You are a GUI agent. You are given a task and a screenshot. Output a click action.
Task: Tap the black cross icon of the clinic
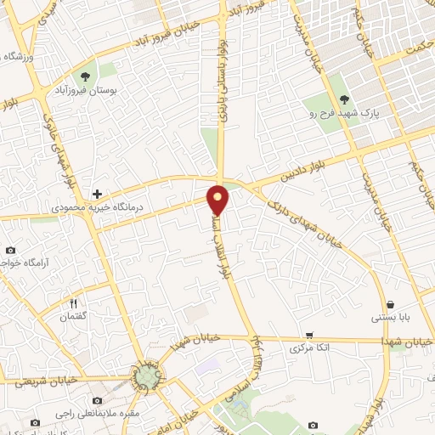click(x=98, y=195)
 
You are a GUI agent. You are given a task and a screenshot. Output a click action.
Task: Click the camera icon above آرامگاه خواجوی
click(x=10, y=250)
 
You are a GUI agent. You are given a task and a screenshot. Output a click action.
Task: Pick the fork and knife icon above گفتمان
click(x=74, y=303)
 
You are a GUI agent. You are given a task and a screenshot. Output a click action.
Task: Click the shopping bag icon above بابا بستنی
click(x=390, y=304)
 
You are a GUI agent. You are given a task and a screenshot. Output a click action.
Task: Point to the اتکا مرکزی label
click(x=309, y=348)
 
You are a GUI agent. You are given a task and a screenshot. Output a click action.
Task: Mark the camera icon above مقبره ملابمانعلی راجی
click(x=98, y=400)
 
